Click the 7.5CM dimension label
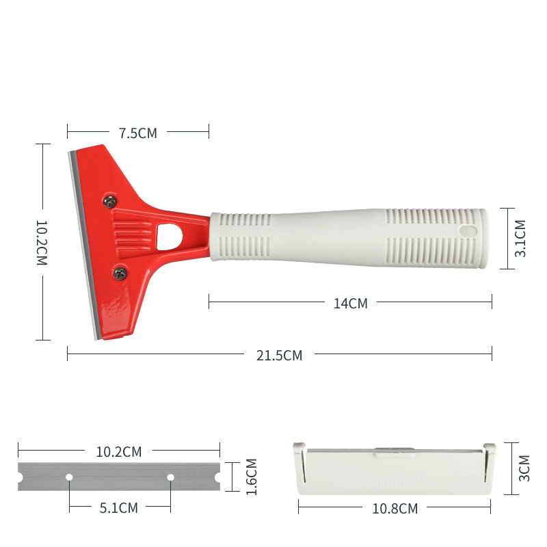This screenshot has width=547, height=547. point(138,133)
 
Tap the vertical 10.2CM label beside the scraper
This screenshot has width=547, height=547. point(42,243)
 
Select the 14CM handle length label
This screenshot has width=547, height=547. point(351,303)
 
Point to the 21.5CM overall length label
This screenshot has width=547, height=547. point(279,355)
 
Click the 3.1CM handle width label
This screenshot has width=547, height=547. point(520,238)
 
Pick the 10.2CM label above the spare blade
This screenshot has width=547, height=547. point(118,452)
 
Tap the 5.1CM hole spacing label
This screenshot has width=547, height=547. point(118,507)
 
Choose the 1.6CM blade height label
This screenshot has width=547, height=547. point(251,477)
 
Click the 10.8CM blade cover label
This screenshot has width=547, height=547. point(395,508)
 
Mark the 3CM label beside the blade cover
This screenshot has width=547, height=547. point(524,468)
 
